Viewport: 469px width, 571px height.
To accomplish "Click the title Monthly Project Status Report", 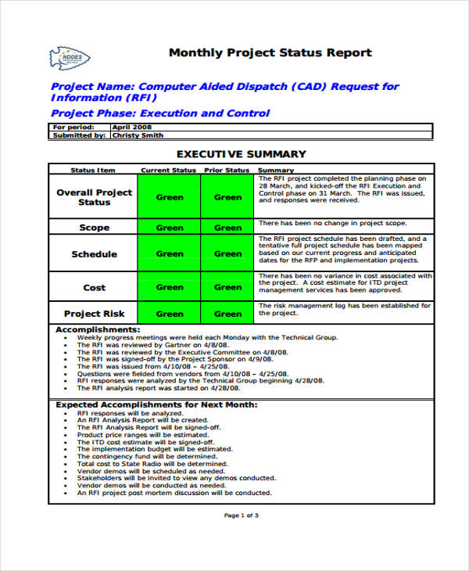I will pyautogui.click(x=270, y=53).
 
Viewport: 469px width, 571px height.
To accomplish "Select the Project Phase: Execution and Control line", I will pyautogui.click(x=160, y=113).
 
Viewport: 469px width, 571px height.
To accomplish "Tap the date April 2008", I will pyautogui.click(x=133, y=127).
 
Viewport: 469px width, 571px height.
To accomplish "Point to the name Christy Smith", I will pyautogui.click(x=138, y=135).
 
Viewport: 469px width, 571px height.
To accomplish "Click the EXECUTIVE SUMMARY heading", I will pyautogui.click(x=241, y=154).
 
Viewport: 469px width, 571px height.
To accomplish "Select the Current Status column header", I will pyautogui.click(x=168, y=170).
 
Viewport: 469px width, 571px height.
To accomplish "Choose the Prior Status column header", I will pyautogui.click(x=227, y=170).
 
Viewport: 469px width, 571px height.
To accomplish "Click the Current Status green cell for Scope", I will pyautogui.click(x=170, y=228).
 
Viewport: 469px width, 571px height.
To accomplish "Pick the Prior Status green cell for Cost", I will pyautogui.click(x=228, y=287).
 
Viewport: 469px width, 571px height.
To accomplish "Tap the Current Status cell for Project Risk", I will pyautogui.click(x=170, y=314).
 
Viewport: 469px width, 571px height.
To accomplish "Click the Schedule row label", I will pyautogui.click(x=94, y=254).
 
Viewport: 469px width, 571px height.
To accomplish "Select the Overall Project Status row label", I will pyautogui.click(x=94, y=197).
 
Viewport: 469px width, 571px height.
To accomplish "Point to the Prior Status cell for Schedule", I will pyautogui.click(x=228, y=253).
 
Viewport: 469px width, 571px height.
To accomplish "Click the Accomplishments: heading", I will pyautogui.click(x=98, y=330).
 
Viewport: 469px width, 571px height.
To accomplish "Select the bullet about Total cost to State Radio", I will pyautogui.click(x=152, y=464).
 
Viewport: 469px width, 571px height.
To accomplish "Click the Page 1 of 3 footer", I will pyautogui.click(x=241, y=515).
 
